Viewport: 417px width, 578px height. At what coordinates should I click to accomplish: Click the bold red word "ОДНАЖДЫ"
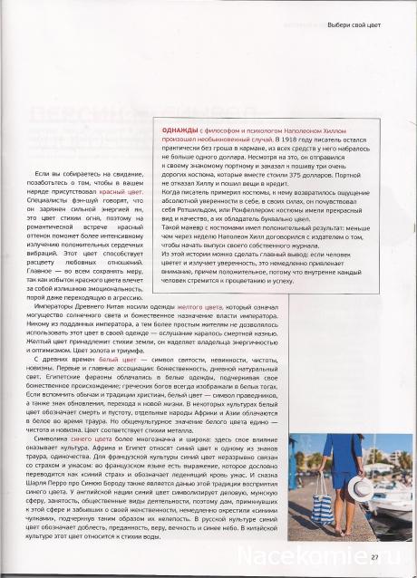tap(180, 131)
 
